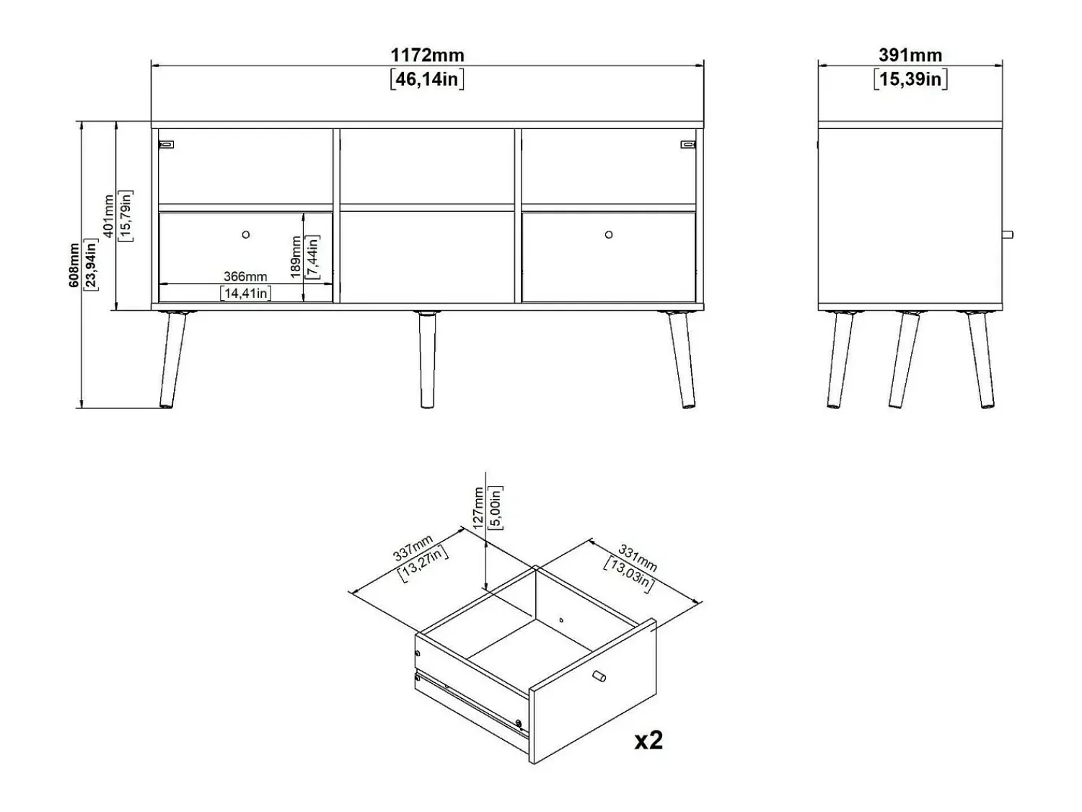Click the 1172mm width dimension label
point(427,56)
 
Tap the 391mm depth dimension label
point(910,56)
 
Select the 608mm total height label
point(74,265)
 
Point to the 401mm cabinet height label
point(108,216)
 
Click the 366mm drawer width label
point(245,276)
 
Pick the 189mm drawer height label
point(295,257)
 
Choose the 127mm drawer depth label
point(478,508)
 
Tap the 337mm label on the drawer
point(413,547)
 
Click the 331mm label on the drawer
point(638,557)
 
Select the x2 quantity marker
point(648,740)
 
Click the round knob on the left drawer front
point(246,234)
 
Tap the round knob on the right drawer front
point(609,234)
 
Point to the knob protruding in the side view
point(1008,234)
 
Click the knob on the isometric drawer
point(599,676)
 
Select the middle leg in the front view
point(427,359)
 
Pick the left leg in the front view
point(172,359)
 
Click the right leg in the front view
point(682,359)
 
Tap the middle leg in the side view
point(905,359)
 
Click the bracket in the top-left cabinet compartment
point(166,144)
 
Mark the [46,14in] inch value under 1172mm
point(427,79)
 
